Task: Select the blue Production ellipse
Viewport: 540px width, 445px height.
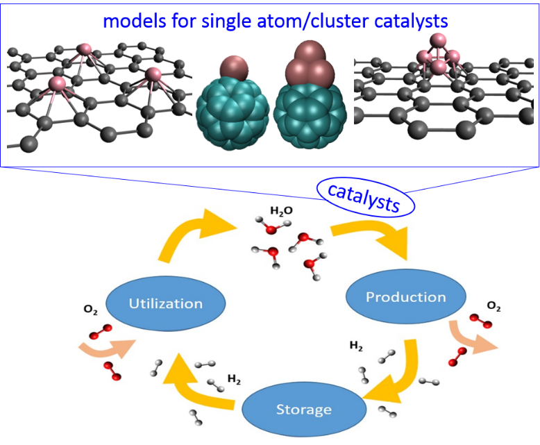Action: (x=406, y=297)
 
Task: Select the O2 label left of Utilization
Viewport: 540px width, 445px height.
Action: (x=90, y=312)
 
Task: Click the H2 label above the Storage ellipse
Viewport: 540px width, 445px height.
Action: (x=235, y=379)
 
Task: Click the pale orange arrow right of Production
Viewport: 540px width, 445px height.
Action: (x=472, y=338)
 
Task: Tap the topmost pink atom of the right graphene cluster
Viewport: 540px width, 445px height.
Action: (x=437, y=40)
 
